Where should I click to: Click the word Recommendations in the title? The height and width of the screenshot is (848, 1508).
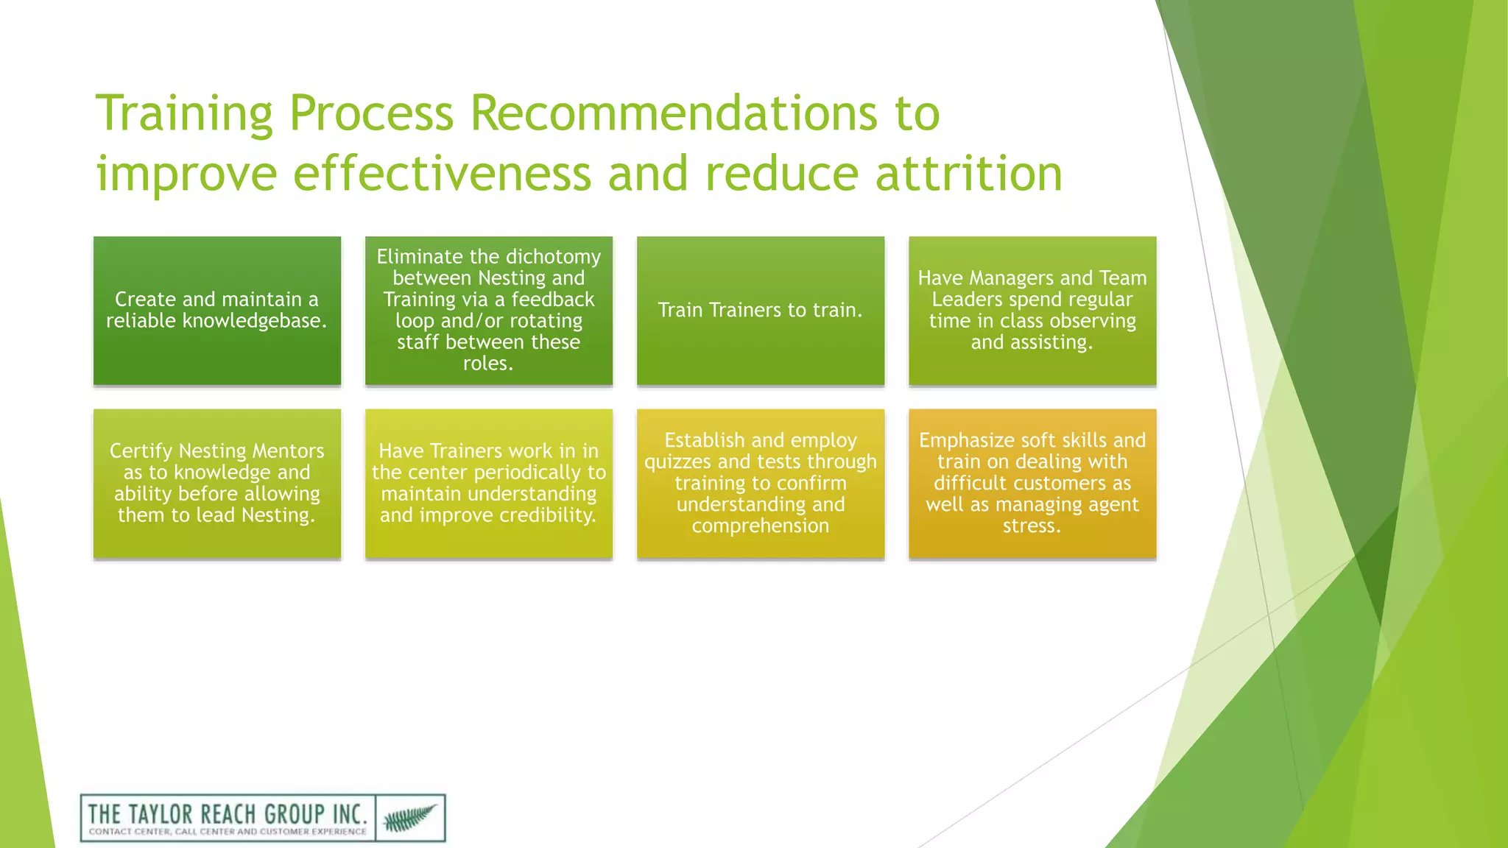point(674,113)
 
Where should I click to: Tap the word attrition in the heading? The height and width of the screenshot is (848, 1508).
point(968,174)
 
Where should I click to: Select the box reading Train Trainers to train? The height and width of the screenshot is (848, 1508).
point(760,310)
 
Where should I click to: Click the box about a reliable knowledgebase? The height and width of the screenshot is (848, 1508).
point(216,310)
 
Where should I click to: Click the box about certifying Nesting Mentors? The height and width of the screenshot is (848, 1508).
point(216,483)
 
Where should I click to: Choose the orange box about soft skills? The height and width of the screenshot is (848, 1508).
point(1032,483)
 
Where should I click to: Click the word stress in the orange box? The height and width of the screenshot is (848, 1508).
point(1029,526)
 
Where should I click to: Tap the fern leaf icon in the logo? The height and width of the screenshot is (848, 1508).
point(409,817)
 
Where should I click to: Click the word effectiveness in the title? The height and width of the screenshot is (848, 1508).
point(442,174)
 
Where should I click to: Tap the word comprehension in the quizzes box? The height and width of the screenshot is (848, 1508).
point(760,526)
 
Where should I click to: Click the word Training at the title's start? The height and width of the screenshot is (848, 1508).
point(184,113)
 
